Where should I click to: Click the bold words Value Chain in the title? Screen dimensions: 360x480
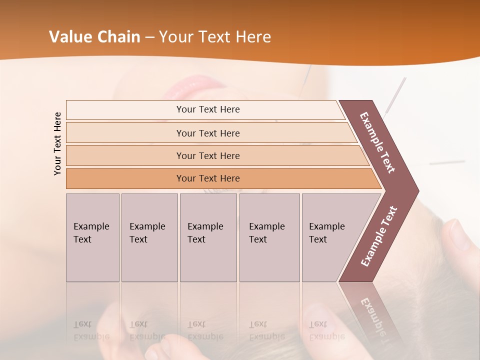click(94, 37)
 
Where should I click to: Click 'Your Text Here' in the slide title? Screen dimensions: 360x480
click(215, 37)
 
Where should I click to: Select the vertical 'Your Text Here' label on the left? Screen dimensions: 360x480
click(57, 143)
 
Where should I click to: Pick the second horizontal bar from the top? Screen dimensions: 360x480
click(208, 133)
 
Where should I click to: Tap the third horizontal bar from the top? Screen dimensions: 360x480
click(208, 155)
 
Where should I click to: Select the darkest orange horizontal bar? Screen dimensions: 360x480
click(208, 178)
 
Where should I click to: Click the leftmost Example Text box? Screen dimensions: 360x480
click(92, 237)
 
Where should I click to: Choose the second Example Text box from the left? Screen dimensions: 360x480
click(149, 237)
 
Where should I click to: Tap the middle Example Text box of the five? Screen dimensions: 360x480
click(208, 237)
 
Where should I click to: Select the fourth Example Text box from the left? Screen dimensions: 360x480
click(269, 237)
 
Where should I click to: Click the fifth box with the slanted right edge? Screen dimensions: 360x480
click(330, 237)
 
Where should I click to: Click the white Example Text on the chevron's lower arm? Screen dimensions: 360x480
click(379, 236)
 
